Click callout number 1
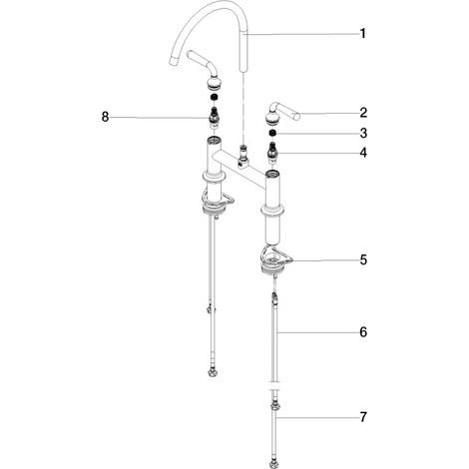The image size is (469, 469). pos(363,34)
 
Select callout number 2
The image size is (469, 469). pos(363,113)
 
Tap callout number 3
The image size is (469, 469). pos(363,133)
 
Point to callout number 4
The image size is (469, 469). pos(363,153)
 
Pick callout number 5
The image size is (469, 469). pos(363,259)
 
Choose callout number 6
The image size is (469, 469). pos(363,332)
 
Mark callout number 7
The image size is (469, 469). pos(363,416)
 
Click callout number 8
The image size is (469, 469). pos(105,117)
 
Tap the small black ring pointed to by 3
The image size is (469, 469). pos(272,133)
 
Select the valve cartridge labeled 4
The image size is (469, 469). pos(273,153)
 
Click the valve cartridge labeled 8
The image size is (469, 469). pos(215,118)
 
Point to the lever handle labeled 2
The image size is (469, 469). pos(282,114)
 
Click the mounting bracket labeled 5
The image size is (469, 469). pos(275,260)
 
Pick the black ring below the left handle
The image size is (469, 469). pos(215,98)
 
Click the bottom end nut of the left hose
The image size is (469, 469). pos(213,372)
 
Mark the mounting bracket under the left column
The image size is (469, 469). pos(217,204)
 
